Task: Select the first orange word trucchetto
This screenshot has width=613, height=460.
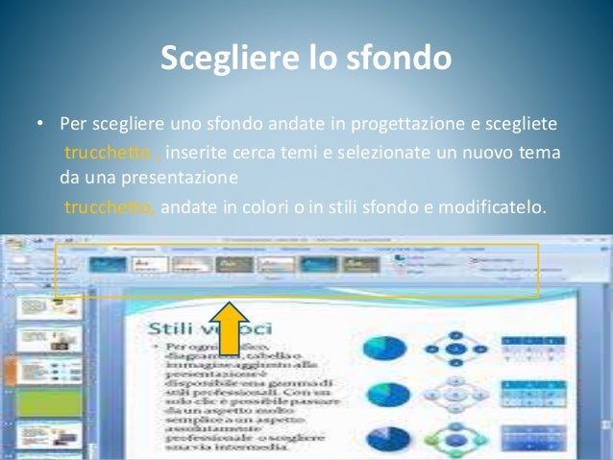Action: pyautogui.click(x=103, y=154)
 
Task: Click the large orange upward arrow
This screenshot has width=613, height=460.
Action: pyautogui.click(x=229, y=330)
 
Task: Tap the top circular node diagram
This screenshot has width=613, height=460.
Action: pyautogui.click(x=457, y=347)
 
